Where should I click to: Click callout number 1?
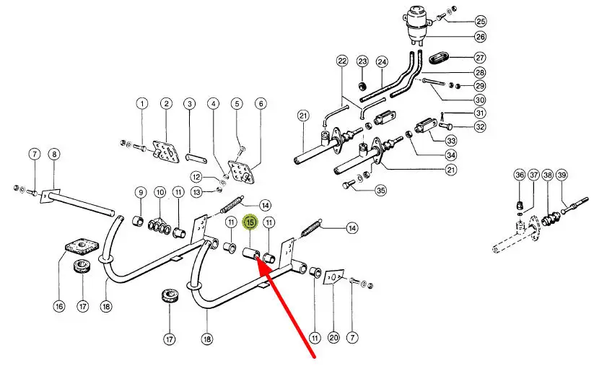click(142, 104)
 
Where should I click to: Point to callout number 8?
click(54, 154)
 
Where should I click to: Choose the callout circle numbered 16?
click(59, 305)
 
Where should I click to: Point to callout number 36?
click(519, 175)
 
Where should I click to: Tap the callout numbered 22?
click(342, 61)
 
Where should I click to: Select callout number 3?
click(189, 104)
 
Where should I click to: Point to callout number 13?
click(196, 191)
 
